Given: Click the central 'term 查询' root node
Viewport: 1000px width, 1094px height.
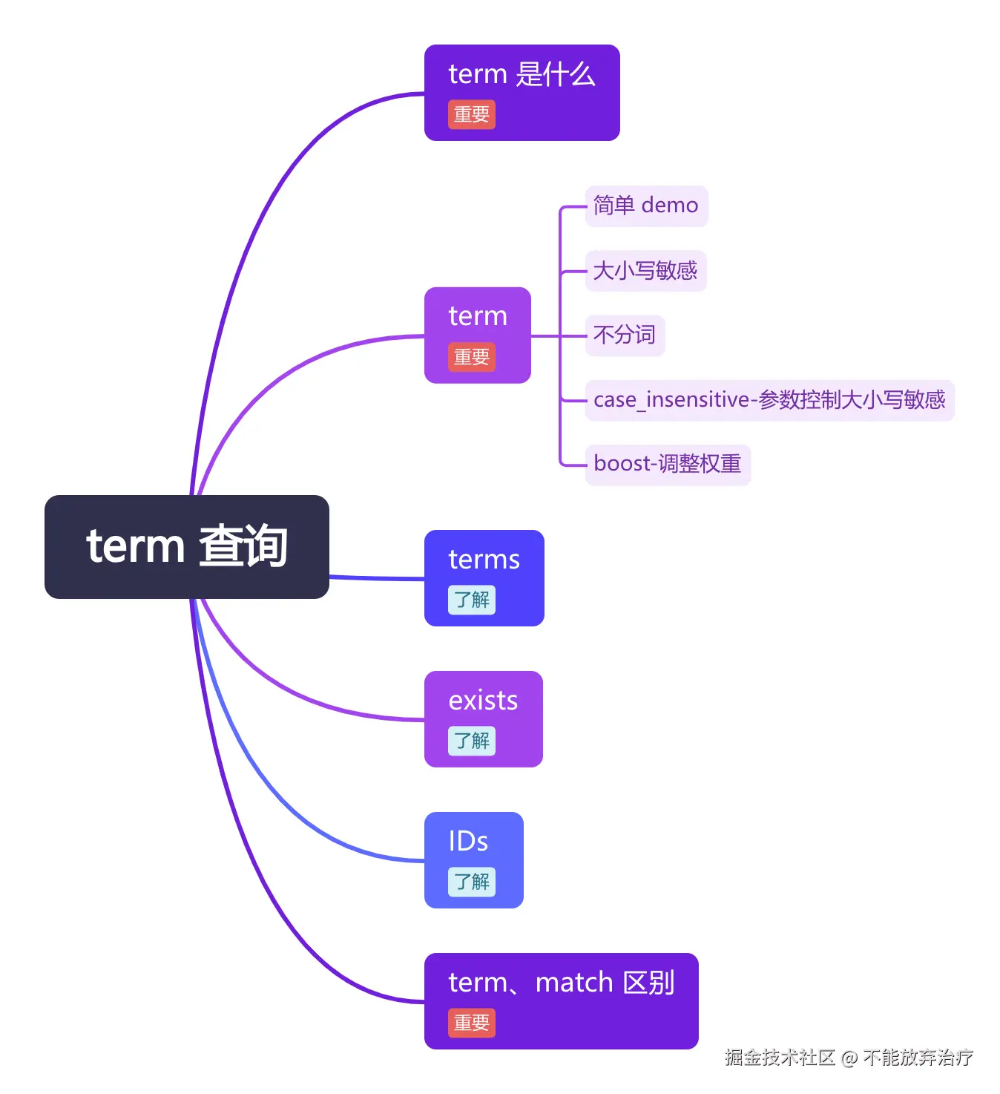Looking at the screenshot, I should [186, 546].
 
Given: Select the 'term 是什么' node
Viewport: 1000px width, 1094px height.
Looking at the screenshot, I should [522, 75].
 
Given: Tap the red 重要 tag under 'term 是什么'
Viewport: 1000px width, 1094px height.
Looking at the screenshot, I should [471, 115].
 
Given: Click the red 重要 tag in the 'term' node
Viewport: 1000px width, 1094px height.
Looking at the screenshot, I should [471, 357].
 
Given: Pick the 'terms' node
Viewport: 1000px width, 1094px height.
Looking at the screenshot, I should [484, 560].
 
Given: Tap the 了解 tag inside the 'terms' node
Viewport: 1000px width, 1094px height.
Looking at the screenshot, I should [471, 600].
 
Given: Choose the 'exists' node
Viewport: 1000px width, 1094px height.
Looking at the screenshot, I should [483, 701].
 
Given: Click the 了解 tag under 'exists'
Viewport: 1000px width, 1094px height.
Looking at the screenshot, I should [471, 741].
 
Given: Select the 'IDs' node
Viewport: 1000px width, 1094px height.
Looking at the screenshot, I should [468, 842].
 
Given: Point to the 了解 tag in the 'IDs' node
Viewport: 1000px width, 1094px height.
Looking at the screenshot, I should [471, 882].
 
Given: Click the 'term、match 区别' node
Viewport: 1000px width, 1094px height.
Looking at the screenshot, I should [561, 983].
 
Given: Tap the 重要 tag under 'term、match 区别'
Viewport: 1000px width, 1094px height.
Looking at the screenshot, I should [471, 1023].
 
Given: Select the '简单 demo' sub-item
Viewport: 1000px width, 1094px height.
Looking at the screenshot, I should [646, 206].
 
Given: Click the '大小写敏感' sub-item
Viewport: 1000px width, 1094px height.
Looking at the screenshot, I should [645, 270].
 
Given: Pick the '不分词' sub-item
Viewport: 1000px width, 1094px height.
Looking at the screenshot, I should [625, 335].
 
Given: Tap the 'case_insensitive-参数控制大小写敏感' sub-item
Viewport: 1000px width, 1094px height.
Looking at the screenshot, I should [769, 400].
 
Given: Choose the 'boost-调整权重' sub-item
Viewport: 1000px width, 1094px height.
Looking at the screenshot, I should [668, 465].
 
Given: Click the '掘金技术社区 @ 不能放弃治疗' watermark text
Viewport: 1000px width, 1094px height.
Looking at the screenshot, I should [849, 1057].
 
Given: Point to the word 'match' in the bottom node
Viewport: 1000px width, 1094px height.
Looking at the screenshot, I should [574, 983].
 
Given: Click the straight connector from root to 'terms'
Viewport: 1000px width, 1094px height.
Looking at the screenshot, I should [377, 577].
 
